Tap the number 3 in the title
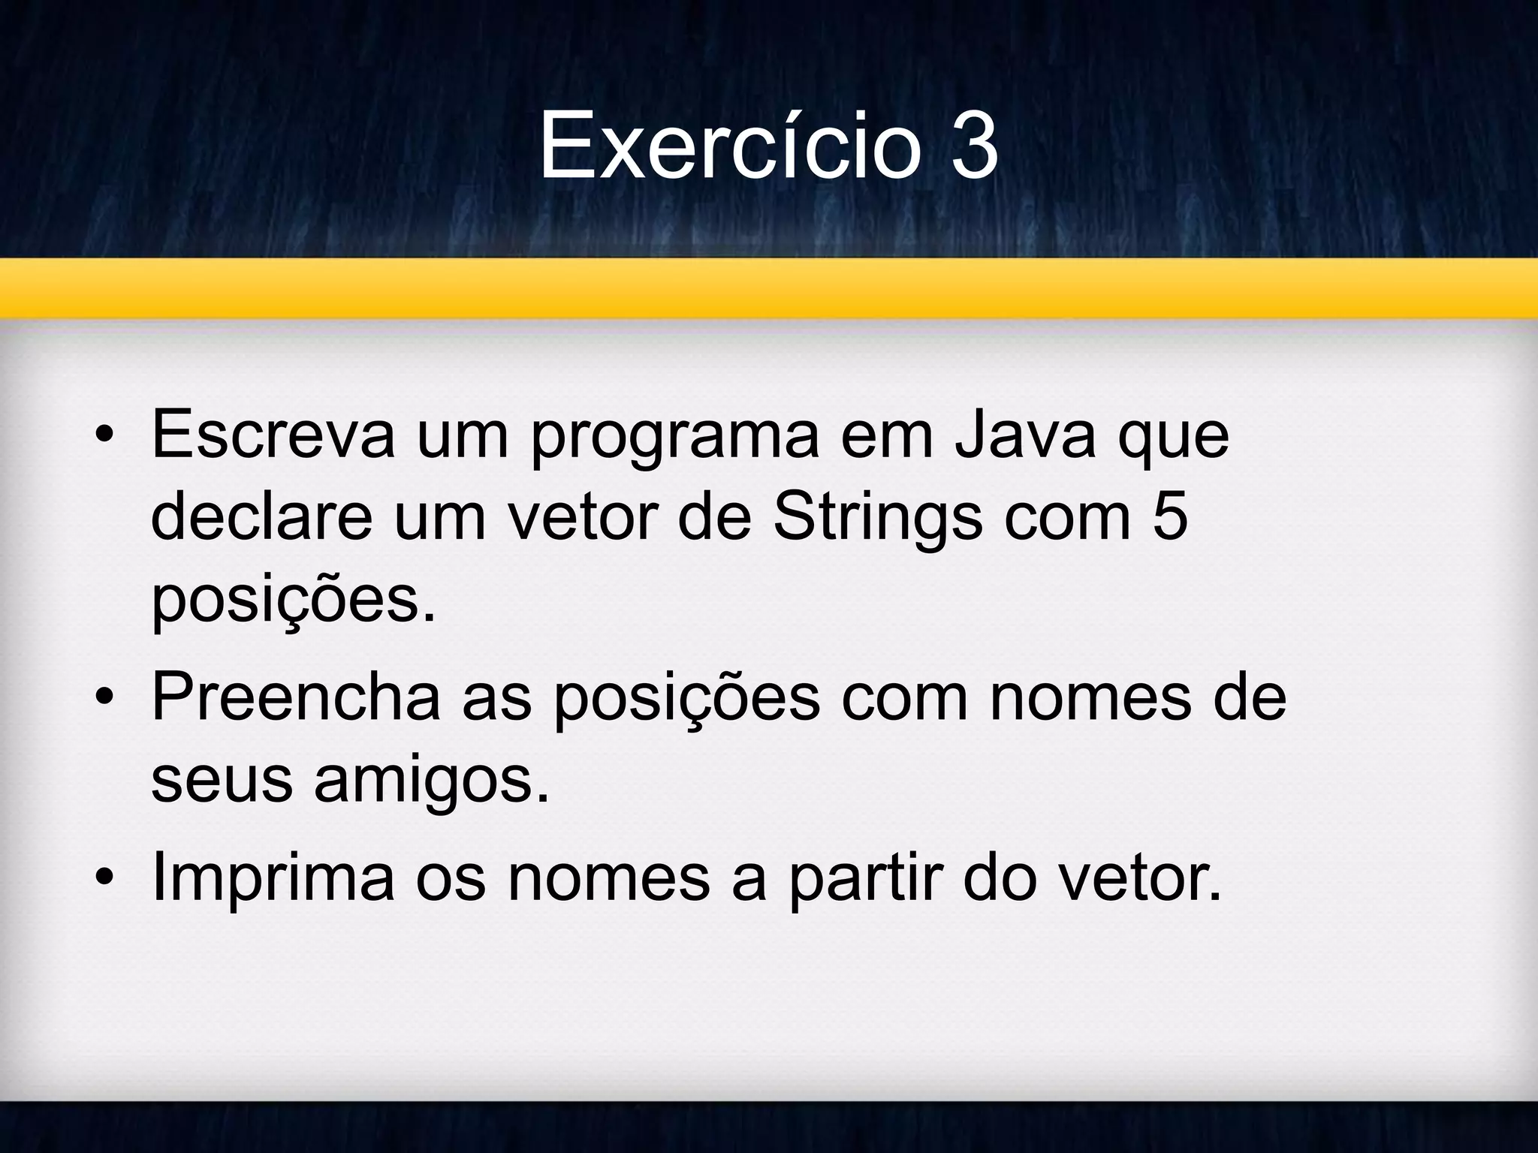click(974, 146)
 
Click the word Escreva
click(272, 435)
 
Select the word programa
click(674, 439)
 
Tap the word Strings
click(877, 519)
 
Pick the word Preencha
click(296, 698)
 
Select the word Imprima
click(273, 880)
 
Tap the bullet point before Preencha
click(104, 698)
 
